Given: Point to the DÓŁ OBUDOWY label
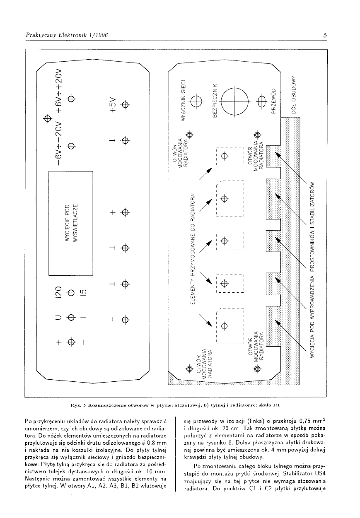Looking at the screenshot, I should (293, 94).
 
